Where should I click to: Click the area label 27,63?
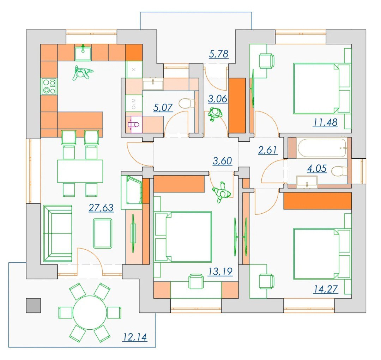tap(101, 208)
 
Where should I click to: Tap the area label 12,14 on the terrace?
tap(135, 337)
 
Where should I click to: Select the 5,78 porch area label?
tap(219, 54)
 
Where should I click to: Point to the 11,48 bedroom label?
tap(325, 122)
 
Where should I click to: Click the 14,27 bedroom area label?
tap(326, 289)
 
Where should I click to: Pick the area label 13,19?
tap(220, 271)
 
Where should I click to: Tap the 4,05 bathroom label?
tap(317, 169)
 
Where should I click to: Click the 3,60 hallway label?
tap(222, 161)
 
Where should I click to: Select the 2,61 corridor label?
tap(268, 150)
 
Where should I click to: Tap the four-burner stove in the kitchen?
tap(49, 87)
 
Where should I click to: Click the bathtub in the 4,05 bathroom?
tap(322, 148)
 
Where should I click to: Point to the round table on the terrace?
tap(90, 313)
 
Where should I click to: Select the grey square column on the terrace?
tap(33, 305)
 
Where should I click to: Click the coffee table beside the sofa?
tap(103, 233)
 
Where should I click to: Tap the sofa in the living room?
tap(58, 234)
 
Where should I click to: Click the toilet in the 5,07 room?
tap(187, 103)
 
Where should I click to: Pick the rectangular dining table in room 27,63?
tap(80, 171)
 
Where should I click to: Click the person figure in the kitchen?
tap(82, 73)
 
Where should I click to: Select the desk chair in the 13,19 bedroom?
tap(196, 281)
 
